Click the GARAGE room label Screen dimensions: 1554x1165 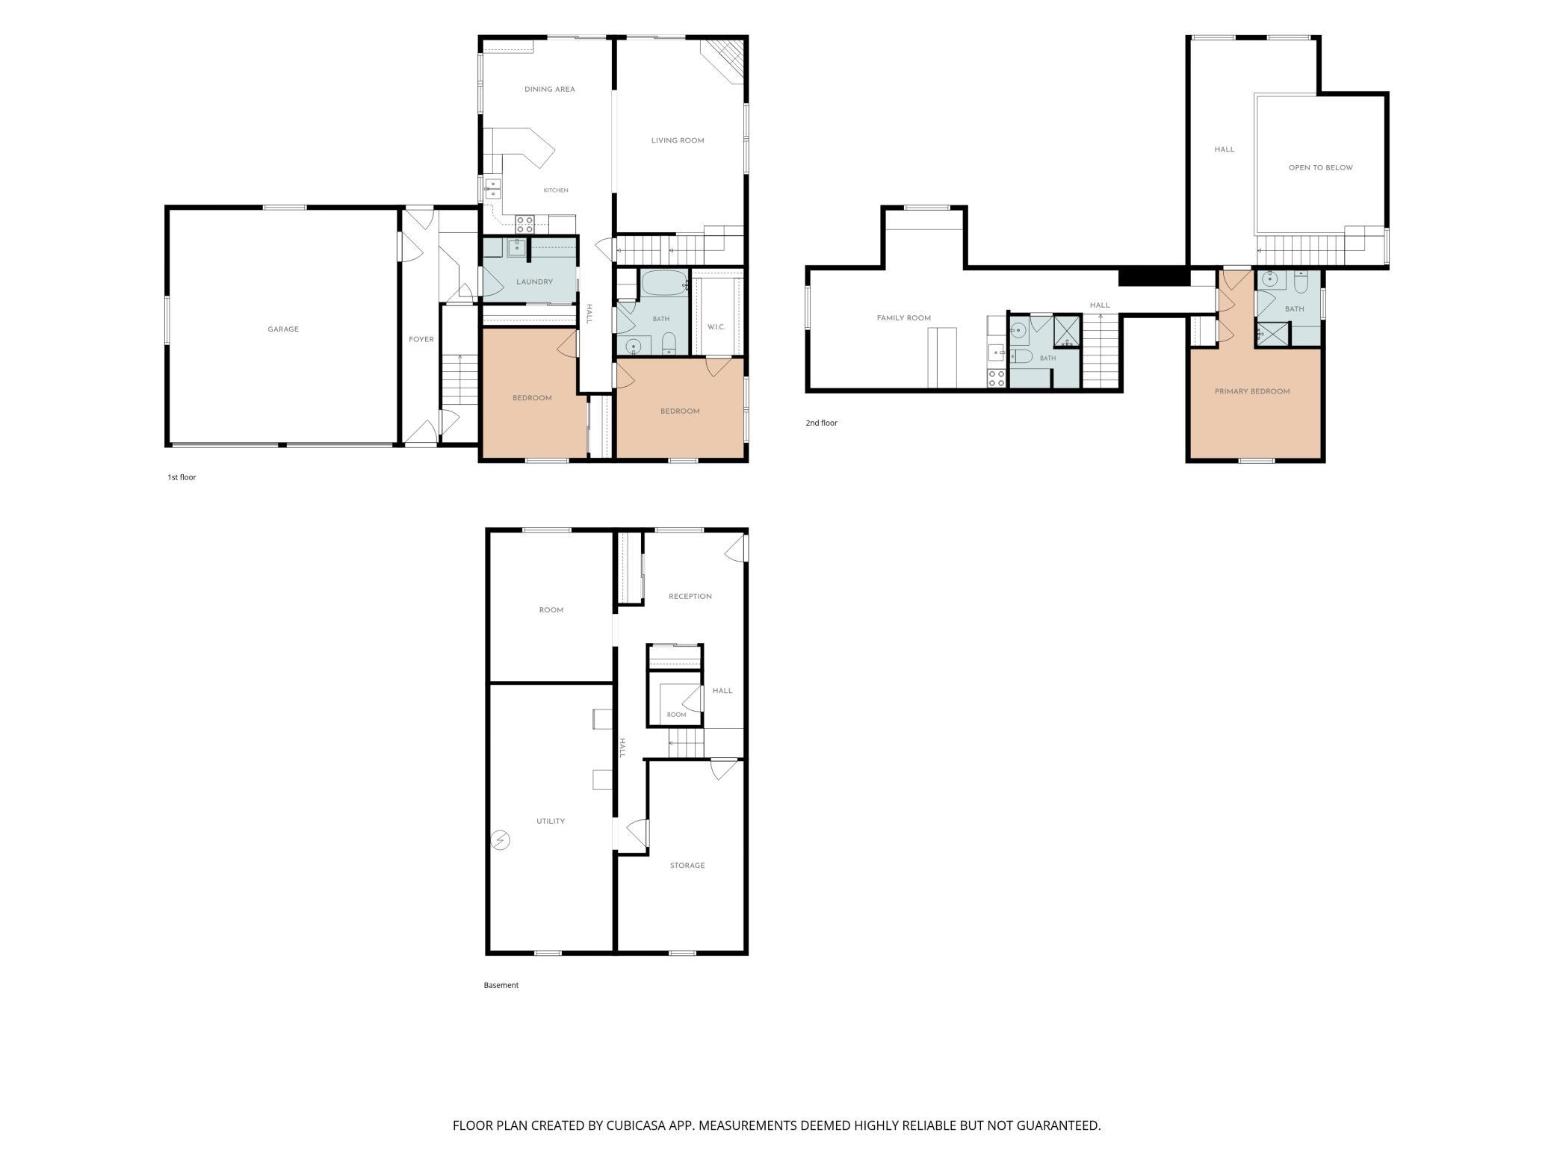pyautogui.click(x=283, y=329)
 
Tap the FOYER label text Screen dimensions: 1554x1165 pyautogui.click(x=421, y=339)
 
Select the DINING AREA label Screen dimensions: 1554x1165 pyautogui.click(x=550, y=90)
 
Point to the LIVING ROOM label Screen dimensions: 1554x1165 pyautogui.click(x=678, y=140)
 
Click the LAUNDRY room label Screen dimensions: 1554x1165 pyautogui.click(x=534, y=282)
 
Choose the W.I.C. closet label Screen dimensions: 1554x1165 pyautogui.click(x=716, y=327)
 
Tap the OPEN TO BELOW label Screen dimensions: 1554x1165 pyautogui.click(x=1321, y=168)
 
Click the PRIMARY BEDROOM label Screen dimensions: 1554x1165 pyautogui.click(x=1252, y=391)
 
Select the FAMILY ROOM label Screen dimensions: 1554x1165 pyautogui.click(x=904, y=318)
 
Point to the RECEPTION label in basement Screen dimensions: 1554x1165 pyautogui.click(x=690, y=597)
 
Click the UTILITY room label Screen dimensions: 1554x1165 pyautogui.click(x=551, y=821)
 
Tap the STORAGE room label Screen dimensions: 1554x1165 pyautogui.click(x=687, y=866)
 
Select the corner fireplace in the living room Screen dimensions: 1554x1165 pyautogui.click(x=724, y=60)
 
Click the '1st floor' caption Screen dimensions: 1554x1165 pyautogui.click(x=182, y=477)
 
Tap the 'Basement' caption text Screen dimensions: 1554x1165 pyautogui.click(x=501, y=985)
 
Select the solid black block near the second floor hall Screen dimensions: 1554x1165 pyautogui.click(x=1154, y=276)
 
